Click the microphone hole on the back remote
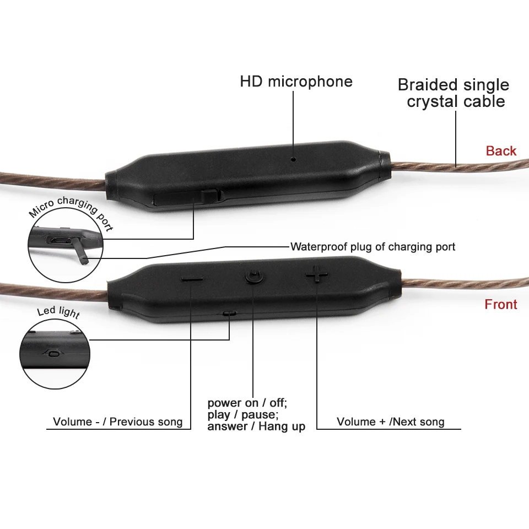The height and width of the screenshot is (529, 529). (294, 159)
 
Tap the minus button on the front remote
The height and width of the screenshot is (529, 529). (192, 279)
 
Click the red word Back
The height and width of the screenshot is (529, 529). (501, 151)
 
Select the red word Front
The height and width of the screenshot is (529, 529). (501, 304)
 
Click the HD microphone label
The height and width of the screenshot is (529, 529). (296, 82)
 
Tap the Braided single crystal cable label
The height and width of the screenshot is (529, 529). (454, 93)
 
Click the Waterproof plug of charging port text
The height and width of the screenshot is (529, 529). (373, 247)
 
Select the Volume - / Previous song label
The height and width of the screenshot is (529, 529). (117, 422)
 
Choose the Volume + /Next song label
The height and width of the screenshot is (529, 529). (390, 422)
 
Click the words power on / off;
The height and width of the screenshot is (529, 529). (247, 403)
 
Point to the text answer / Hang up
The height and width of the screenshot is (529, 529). (256, 426)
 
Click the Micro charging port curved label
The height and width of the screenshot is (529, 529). (71, 212)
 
